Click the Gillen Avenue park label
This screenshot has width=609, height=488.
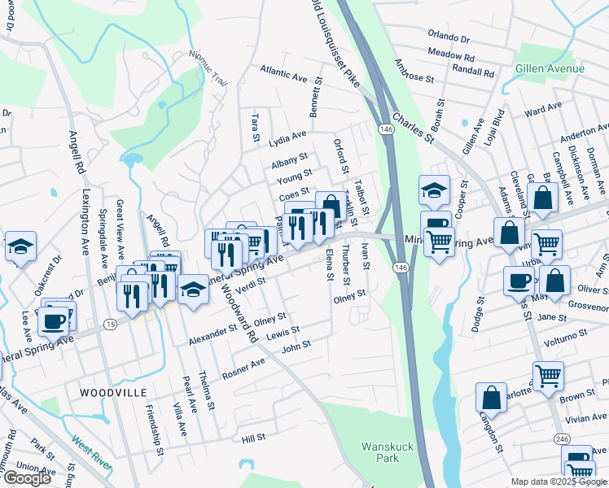550,68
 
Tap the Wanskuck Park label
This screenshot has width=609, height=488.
380,452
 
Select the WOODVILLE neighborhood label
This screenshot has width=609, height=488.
112,392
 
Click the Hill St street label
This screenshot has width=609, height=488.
253,438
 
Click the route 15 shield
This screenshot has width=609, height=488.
109,325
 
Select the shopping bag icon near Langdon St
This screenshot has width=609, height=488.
493,399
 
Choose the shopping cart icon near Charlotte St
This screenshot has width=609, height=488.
548,377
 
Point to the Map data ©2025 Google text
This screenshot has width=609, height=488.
559,481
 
